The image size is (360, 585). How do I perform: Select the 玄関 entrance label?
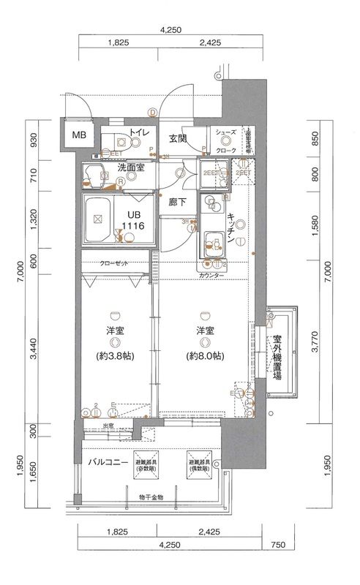pos(178,137)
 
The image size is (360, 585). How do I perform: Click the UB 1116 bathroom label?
pos(133,220)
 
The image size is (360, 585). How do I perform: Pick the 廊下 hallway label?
pos(176,201)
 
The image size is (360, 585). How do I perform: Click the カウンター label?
pos(211,276)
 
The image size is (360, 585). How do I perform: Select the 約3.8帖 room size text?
pos(115,358)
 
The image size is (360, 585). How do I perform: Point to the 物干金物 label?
pos(151,498)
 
